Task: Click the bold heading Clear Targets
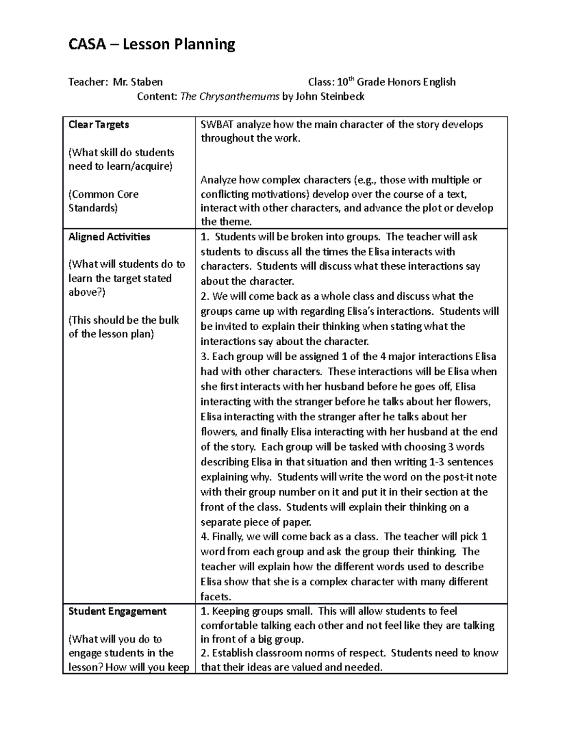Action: coord(99,125)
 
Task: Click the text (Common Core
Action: coord(104,194)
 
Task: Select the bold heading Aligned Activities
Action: coord(110,237)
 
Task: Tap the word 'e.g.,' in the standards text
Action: coord(366,180)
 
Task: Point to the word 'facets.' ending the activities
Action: coord(216,597)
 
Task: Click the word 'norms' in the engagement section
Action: coord(328,653)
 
